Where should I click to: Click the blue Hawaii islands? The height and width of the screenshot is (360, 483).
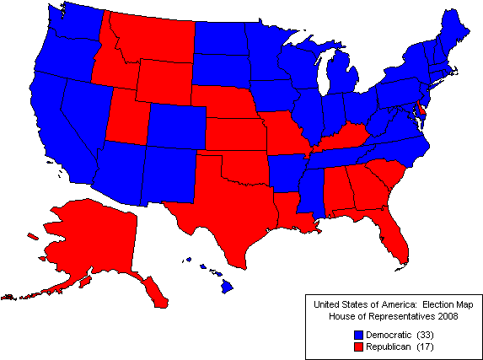(x=227, y=287)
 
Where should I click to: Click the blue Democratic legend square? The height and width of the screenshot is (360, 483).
(x=359, y=336)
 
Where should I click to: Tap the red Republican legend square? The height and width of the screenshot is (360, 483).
(x=359, y=347)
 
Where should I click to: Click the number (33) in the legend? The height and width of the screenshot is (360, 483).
(x=423, y=336)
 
